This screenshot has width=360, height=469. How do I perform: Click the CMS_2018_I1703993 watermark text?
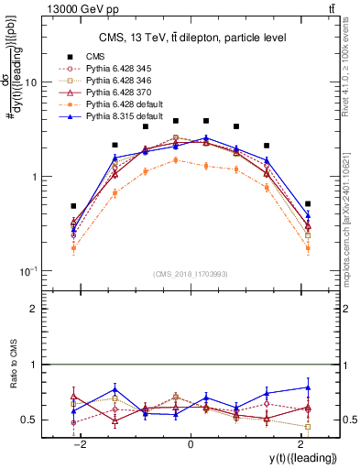click(190, 274)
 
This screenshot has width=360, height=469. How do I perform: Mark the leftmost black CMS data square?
click(73, 206)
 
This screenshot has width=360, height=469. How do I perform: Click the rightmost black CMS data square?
click(308, 203)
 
